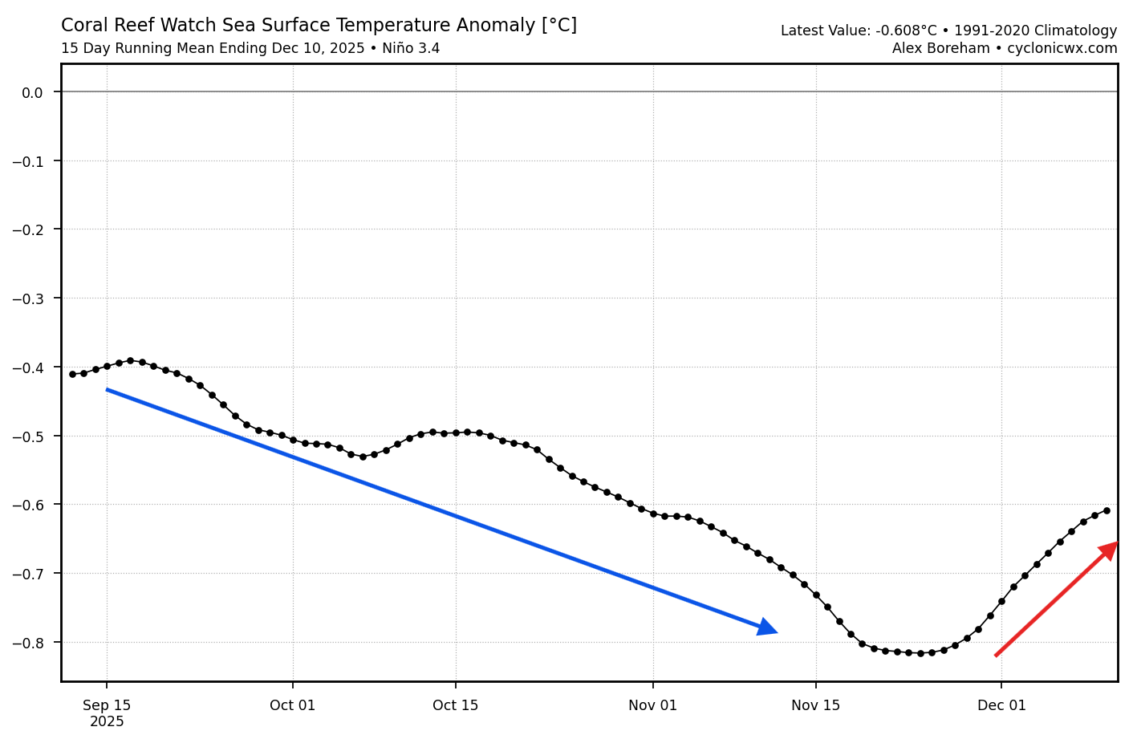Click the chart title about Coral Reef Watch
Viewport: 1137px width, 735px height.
coord(319,26)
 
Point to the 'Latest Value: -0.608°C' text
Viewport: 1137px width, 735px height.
coord(858,31)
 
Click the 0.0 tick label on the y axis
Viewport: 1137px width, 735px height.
coord(32,92)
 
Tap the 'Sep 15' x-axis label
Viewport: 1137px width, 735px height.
coord(107,705)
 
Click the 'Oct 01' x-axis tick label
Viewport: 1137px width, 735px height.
coord(293,705)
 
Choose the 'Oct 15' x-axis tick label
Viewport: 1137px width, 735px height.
coord(456,705)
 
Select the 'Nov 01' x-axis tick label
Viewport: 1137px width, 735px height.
coord(653,705)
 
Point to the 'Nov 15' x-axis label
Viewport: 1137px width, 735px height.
coord(816,705)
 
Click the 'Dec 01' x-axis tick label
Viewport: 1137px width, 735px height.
coord(1001,705)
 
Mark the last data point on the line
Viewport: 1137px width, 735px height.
coord(1107,510)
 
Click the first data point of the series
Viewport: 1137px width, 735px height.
coord(72,374)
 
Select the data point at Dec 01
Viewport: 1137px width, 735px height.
coord(1001,601)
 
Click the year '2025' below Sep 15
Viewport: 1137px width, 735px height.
coord(107,721)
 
